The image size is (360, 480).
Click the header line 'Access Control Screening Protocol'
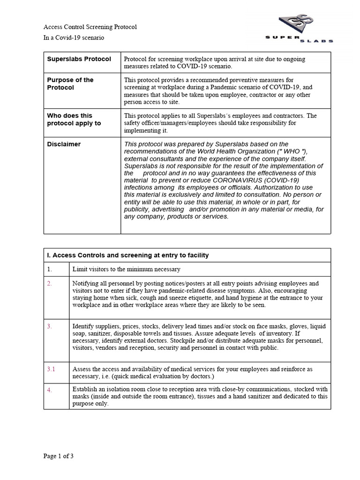pyautogui.click(x=90, y=27)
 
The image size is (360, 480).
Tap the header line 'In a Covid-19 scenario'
pyautogui.click(x=74, y=37)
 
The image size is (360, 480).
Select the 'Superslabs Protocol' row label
pyautogui.click(x=79, y=59)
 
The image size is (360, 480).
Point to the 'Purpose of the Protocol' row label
pyautogui.click(x=70, y=84)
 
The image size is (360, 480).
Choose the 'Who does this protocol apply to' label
pyautogui.click(x=74, y=119)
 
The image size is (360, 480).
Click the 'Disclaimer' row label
pyautogui.click(x=64, y=144)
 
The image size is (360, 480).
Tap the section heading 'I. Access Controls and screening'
pyautogui.click(x=128, y=255)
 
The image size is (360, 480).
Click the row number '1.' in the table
pyautogui.click(x=50, y=270)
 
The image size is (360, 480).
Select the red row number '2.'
pyautogui.click(x=50, y=284)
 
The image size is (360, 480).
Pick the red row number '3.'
pyautogui.click(x=50, y=326)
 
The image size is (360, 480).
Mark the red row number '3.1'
pyautogui.click(x=51, y=369)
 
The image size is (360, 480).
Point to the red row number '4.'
pyautogui.click(x=50, y=390)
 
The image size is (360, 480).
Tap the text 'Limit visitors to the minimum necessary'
pyautogui.click(x=126, y=270)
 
